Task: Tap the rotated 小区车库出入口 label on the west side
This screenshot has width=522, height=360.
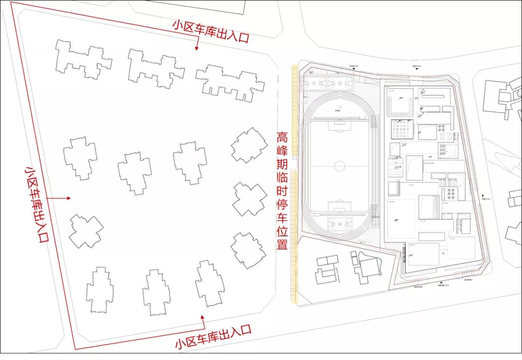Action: (x=37, y=204)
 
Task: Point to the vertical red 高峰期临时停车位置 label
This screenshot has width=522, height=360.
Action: (x=282, y=191)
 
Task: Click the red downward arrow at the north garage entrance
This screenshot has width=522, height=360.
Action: (x=197, y=46)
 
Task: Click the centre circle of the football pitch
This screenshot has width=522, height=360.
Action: (x=340, y=167)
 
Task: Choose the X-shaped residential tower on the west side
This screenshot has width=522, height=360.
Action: (x=86, y=231)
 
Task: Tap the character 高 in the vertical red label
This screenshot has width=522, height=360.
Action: (x=282, y=138)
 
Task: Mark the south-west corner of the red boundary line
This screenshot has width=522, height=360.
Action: (x=74, y=348)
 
